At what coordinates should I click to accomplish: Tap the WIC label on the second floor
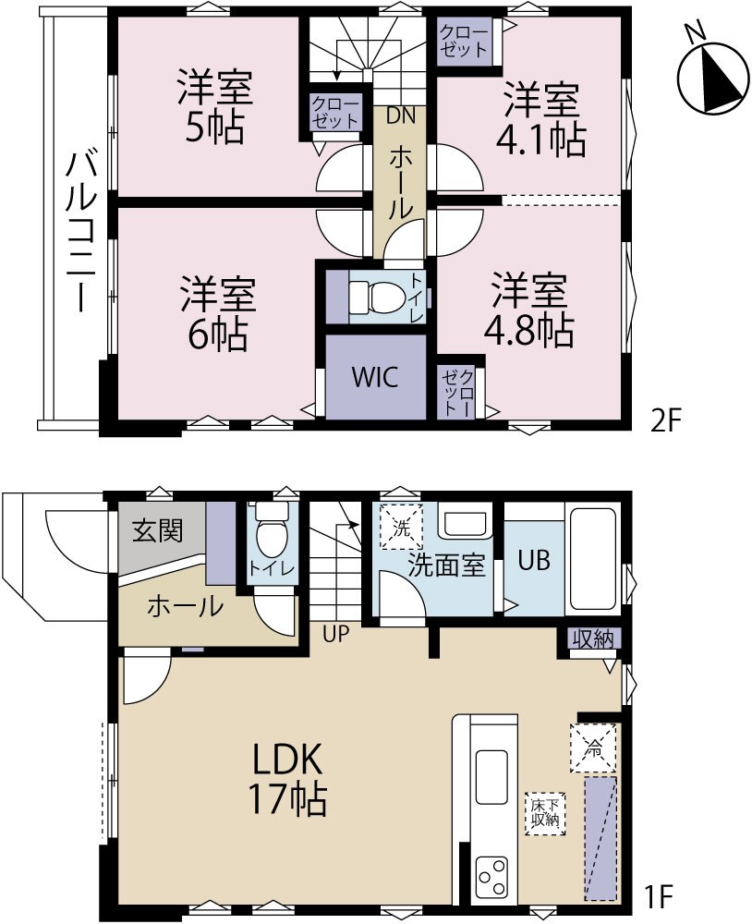[x=375, y=377]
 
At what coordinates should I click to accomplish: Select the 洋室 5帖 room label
[x=215, y=106]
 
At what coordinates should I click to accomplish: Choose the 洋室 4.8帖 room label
[x=528, y=310]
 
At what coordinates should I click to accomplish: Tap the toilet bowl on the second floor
[x=372, y=297]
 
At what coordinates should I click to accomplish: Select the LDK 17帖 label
[x=287, y=779]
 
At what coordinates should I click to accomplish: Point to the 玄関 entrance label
[x=157, y=531]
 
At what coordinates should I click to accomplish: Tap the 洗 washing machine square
[x=401, y=528]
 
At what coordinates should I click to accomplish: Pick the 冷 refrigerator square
[x=593, y=748]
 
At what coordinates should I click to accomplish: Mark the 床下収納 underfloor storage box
[x=545, y=812]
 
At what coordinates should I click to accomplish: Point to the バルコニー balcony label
[x=76, y=231]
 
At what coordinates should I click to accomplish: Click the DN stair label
[x=401, y=115]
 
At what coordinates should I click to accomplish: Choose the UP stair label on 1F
[x=336, y=634]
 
